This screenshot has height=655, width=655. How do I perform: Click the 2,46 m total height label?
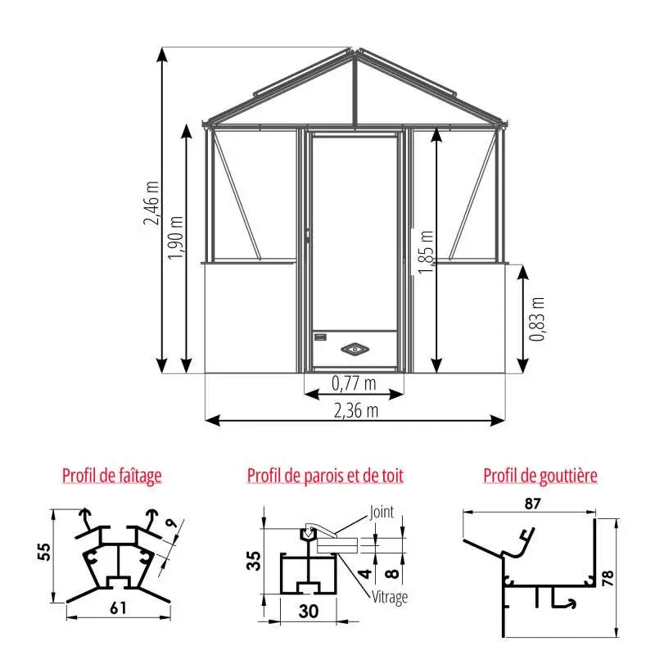coord(151,203)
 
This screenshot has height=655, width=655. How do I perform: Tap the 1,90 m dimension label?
coord(175,237)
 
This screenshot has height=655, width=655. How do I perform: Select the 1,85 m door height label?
coord(426,252)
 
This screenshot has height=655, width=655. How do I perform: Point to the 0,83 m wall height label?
coord(537,319)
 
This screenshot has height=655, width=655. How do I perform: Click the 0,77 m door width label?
coord(354,383)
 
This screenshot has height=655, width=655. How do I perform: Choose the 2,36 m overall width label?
coord(356,411)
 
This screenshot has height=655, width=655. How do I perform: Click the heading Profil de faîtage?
coord(112,476)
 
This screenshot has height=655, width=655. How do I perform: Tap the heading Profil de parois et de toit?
coord(325,476)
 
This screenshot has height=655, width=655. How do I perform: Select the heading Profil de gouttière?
coord(540,476)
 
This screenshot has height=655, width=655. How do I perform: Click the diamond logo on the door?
coord(355,349)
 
